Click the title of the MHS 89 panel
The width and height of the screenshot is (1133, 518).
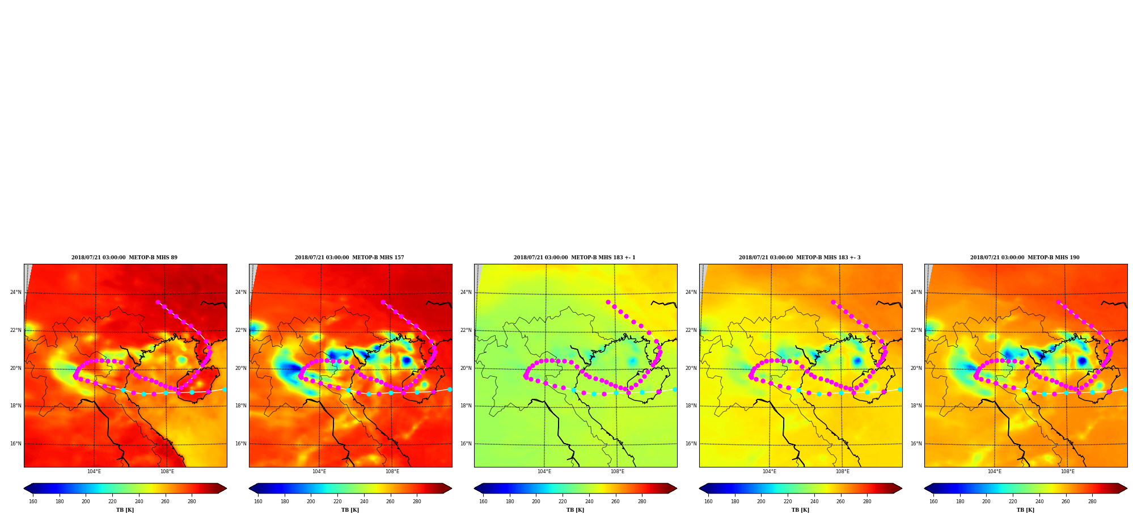click(x=124, y=258)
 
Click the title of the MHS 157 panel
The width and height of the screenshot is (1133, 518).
click(x=349, y=258)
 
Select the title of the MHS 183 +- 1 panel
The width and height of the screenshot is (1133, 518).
click(x=574, y=258)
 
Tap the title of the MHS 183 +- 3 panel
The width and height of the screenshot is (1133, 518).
click(x=800, y=258)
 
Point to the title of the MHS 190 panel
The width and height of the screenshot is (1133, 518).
click(x=1025, y=258)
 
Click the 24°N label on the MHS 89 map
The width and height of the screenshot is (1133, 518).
click(x=15, y=292)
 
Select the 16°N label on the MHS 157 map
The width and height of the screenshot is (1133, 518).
click(x=240, y=444)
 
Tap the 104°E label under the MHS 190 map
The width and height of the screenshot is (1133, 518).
click(x=994, y=471)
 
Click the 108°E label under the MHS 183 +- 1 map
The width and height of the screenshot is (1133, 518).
click(x=617, y=471)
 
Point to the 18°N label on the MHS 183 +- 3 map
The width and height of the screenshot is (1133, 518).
click(x=691, y=406)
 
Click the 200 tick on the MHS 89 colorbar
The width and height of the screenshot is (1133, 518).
click(x=86, y=501)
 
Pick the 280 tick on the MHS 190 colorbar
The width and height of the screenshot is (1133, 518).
click(x=1092, y=501)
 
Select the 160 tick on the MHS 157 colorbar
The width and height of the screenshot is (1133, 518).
click(x=258, y=501)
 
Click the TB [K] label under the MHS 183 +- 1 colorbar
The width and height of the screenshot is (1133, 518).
click(x=575, y=510)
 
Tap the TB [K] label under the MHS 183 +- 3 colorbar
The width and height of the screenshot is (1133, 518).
click(x=800, y=510)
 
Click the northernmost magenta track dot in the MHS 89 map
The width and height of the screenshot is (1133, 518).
click(x=158, y=302)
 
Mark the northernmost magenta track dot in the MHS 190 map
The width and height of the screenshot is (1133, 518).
click(x=1058, y=302)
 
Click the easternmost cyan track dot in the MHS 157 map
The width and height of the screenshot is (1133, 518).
click(x=450, y=389)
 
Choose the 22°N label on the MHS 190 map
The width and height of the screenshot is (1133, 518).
click(x=916, y=330)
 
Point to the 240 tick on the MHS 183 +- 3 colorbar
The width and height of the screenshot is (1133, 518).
click(x=814, y=501)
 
